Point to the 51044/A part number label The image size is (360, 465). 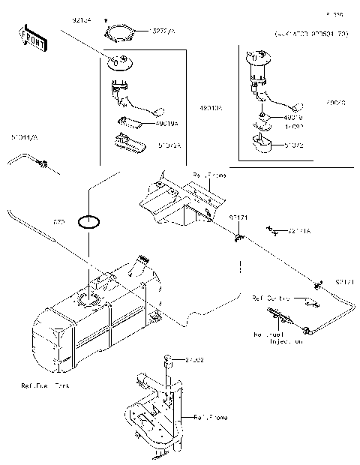[x=25, y=138]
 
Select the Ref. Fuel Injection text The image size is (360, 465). [x=278, y=337]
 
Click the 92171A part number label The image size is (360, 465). [x=299, y=232]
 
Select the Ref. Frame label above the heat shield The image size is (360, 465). [x=209, y=175]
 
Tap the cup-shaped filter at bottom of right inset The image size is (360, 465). [x=264, y=145]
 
